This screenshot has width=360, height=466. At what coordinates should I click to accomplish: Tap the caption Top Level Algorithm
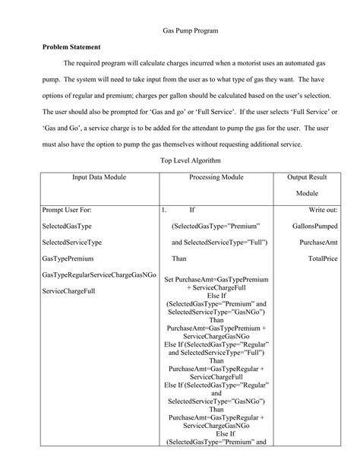191,161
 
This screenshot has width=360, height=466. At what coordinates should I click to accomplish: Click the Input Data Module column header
99,177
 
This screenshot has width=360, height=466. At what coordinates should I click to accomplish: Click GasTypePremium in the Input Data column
71,258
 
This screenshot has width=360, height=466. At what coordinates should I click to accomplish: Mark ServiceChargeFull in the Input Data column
74,291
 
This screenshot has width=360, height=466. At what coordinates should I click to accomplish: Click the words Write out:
322,209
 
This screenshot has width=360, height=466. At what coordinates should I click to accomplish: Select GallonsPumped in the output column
314,226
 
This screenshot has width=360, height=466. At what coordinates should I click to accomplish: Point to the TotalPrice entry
322,258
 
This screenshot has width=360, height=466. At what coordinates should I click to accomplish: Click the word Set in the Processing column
169,281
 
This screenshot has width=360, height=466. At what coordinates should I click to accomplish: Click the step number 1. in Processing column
165,209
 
